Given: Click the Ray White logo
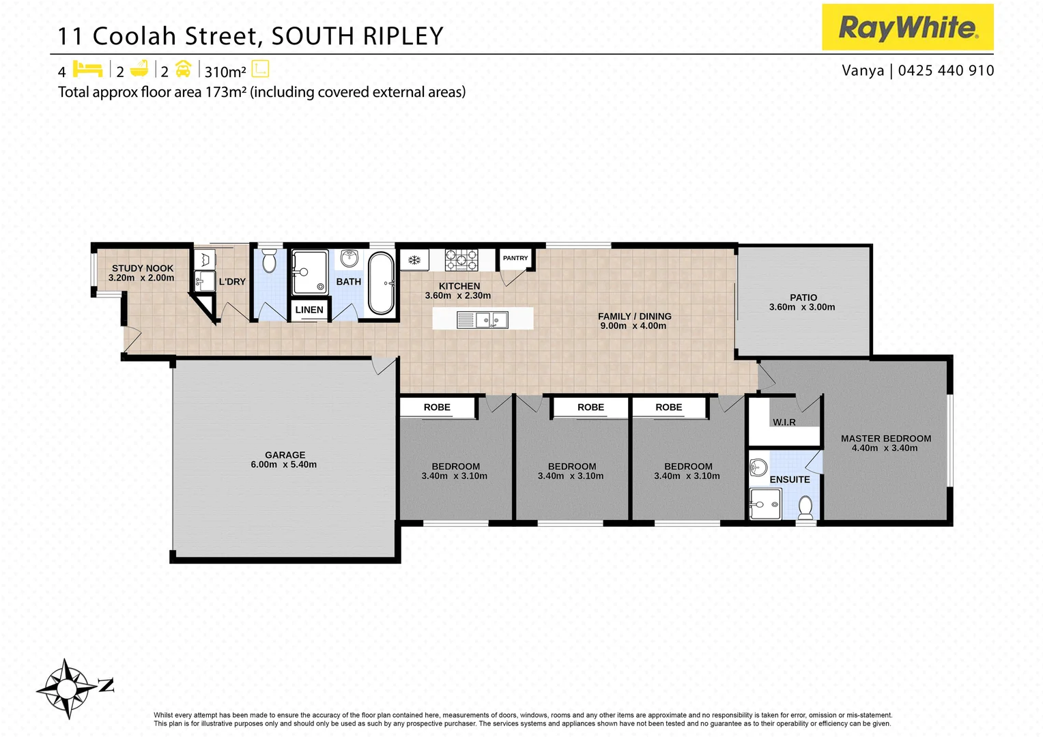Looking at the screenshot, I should [x=907, y=27].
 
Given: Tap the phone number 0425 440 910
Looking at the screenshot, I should [x=946, y=70].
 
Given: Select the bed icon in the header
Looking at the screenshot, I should [x=87, y=69].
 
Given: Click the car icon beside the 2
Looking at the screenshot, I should [x=183, y=69].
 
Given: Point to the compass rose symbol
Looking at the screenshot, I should [x=66, y=689].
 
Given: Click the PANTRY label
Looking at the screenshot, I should [x=515, y=258].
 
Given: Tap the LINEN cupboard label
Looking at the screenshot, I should [x=309, y=310].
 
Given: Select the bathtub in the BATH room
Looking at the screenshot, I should [x=382, y=283].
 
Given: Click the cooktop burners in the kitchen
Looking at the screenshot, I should [x=461, y=260].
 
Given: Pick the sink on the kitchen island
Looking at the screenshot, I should [x=491, y=319].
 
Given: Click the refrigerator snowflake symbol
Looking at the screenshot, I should [x=414, y=260].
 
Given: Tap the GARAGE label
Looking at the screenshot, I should [x=285, y=455].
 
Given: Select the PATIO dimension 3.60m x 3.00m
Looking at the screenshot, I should [x=802, y=307].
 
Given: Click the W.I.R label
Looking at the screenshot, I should [x=784, y=422].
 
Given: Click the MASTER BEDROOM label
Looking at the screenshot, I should [x=886, y=439].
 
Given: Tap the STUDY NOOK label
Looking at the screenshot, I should [x=143, y=268].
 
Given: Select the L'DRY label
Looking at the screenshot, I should [x=232, y=282].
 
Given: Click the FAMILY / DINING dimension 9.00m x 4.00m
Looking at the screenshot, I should [x=633, y=326].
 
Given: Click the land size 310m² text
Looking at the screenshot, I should [x=225, y=72].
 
